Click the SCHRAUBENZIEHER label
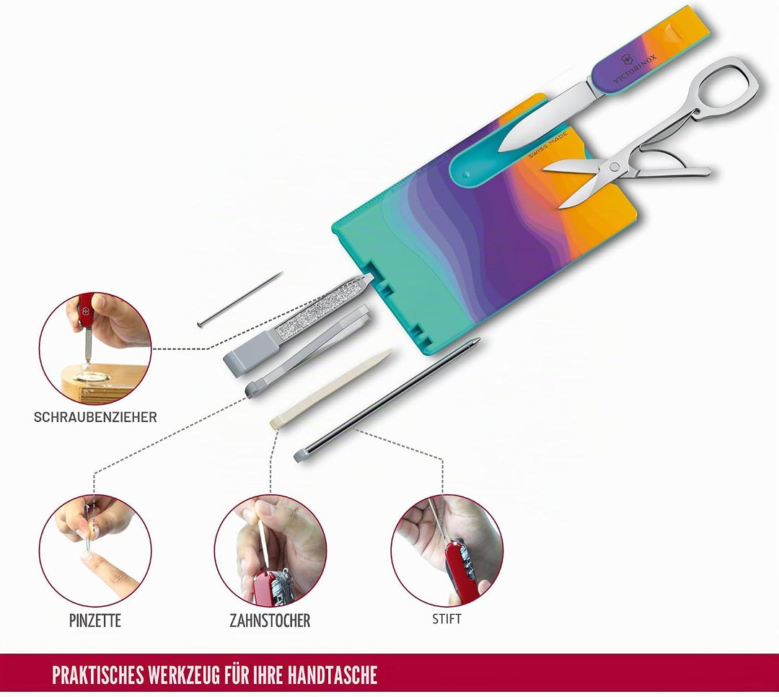point(95,417)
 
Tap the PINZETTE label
point(95,621)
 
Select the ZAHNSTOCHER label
point(270,621)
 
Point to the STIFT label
point(446,620)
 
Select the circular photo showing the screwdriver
point(95,348)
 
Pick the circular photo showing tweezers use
point(95,551)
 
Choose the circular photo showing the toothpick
point(270,551)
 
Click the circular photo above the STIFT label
point(446,551)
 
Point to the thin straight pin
point(239,299)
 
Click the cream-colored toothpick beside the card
point(330,389)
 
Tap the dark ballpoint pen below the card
point(387,400)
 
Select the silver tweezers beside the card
point(307,351)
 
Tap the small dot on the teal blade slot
point(465,175)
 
